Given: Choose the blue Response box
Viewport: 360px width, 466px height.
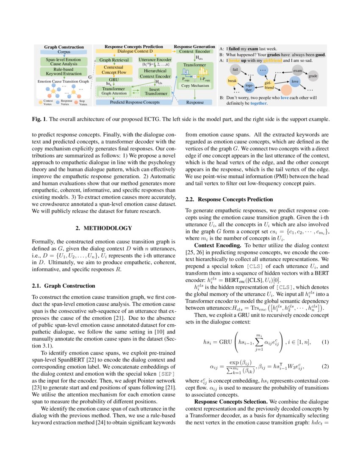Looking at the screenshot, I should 195,102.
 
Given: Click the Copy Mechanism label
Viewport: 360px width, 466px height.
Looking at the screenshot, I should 195,85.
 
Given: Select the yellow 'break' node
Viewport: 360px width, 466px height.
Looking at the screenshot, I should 232,80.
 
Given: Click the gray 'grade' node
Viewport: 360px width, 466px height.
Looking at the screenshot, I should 313,76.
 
